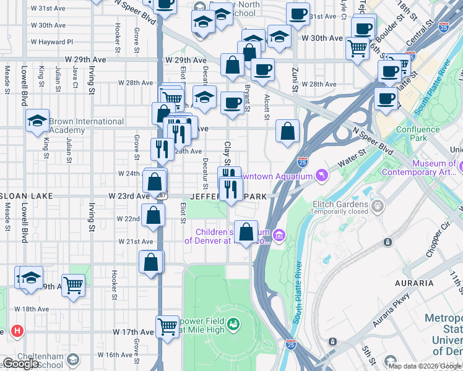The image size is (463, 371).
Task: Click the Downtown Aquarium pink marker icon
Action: (x=321, y=177)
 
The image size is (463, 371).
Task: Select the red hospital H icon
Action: (x=17, y=331)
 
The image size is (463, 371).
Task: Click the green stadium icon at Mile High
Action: (x=233, y=323)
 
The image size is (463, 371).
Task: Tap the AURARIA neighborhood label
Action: (x=413, y=283)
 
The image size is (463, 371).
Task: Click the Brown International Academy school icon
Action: (x=37, y=120)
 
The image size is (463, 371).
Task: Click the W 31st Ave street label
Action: (x=51, y=8)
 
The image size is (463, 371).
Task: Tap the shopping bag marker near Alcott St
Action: (x=287, y=131)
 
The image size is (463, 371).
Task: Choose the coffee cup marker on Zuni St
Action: (x=298, y=14)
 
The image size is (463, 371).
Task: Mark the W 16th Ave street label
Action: (x=111, y=355)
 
